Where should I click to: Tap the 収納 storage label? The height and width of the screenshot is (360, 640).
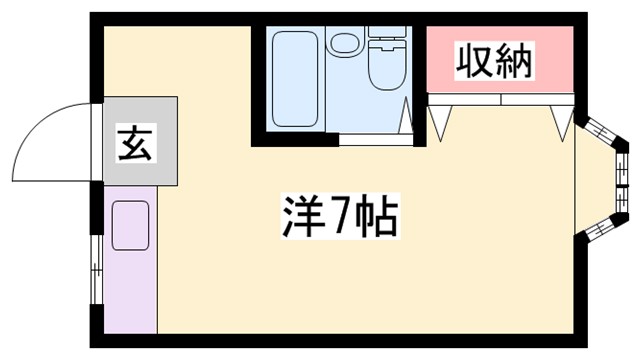pyautogui.click(x=494, y=61)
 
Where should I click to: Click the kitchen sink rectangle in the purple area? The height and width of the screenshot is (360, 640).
pyautogui.click(x=130, y=225)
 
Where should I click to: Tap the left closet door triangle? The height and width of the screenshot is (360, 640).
pyautogui.click(x=441, y=117)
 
